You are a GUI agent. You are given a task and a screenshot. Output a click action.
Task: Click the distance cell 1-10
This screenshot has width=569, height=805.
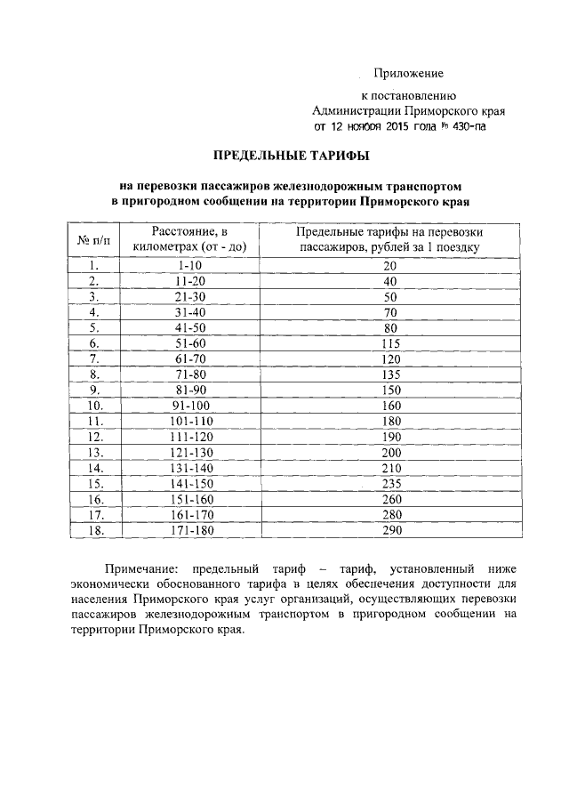tap(189, 266)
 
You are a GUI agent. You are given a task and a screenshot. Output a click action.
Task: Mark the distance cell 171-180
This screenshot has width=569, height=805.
tap(189, 530)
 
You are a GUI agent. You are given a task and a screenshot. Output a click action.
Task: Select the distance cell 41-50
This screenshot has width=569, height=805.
tap(189, 328)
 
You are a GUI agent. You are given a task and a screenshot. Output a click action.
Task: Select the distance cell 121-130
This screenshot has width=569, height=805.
tap(189, 452)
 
